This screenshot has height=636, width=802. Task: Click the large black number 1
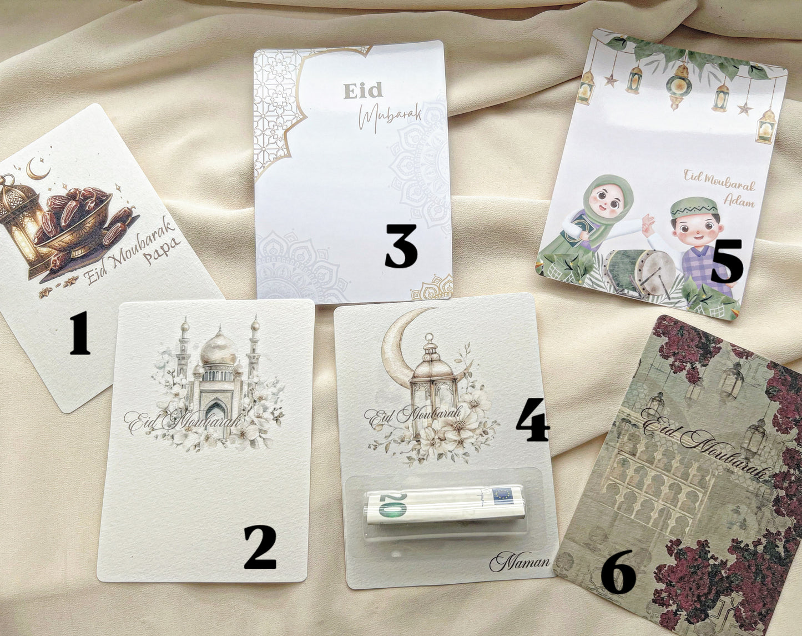click(79, 333)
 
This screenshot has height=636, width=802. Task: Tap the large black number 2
click(260, 547)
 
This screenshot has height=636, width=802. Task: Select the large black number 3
click(401, 246)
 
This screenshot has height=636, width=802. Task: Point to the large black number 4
click(533, 419)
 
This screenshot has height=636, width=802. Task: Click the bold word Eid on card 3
click(363, 91)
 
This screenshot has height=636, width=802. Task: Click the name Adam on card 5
click(739, 202)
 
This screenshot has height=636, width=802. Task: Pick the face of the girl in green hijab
click(604, 204)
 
